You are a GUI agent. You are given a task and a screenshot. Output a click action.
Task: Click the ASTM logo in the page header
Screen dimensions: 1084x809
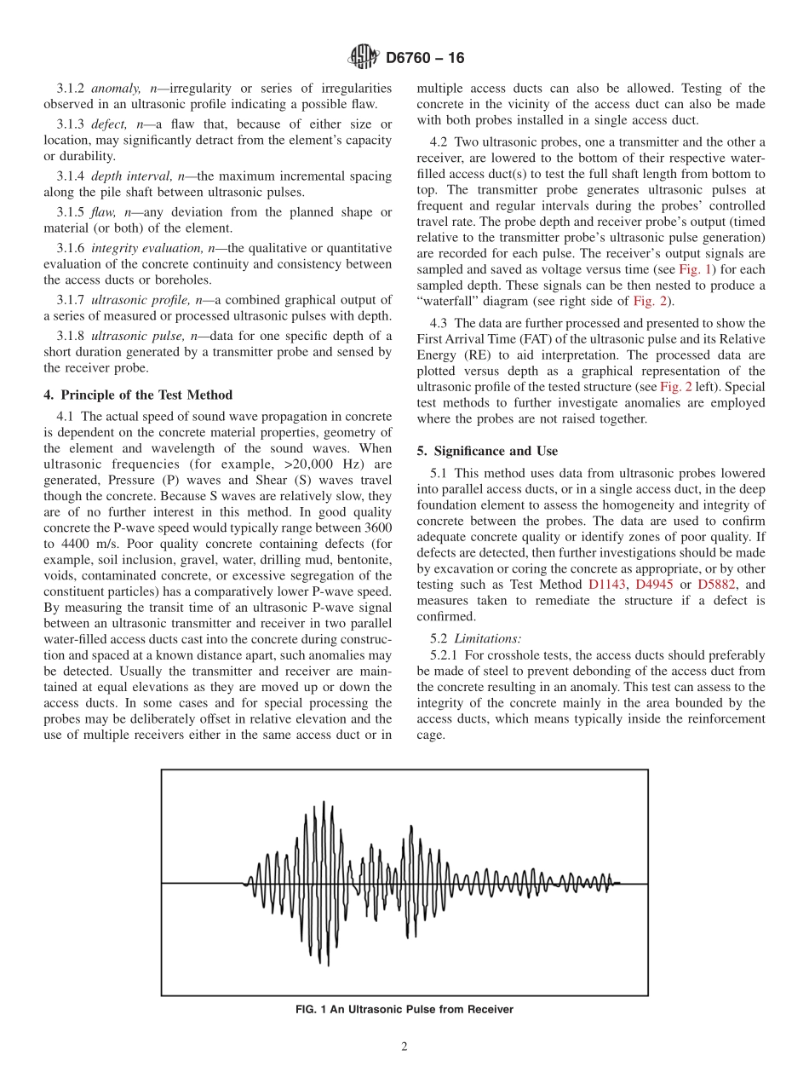(x=364, y=58)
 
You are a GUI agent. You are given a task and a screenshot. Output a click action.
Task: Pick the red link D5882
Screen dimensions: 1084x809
(x=716, y=585)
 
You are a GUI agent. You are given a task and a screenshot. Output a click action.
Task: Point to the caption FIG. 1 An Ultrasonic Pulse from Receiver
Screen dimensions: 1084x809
(x=404, y=1010)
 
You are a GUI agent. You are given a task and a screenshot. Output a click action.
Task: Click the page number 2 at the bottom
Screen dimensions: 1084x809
(x=404, y=1047)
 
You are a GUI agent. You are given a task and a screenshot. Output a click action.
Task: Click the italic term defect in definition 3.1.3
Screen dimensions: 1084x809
(x=109, y=125)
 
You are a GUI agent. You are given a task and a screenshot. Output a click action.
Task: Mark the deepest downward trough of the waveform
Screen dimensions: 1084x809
(x=308, y=961)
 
